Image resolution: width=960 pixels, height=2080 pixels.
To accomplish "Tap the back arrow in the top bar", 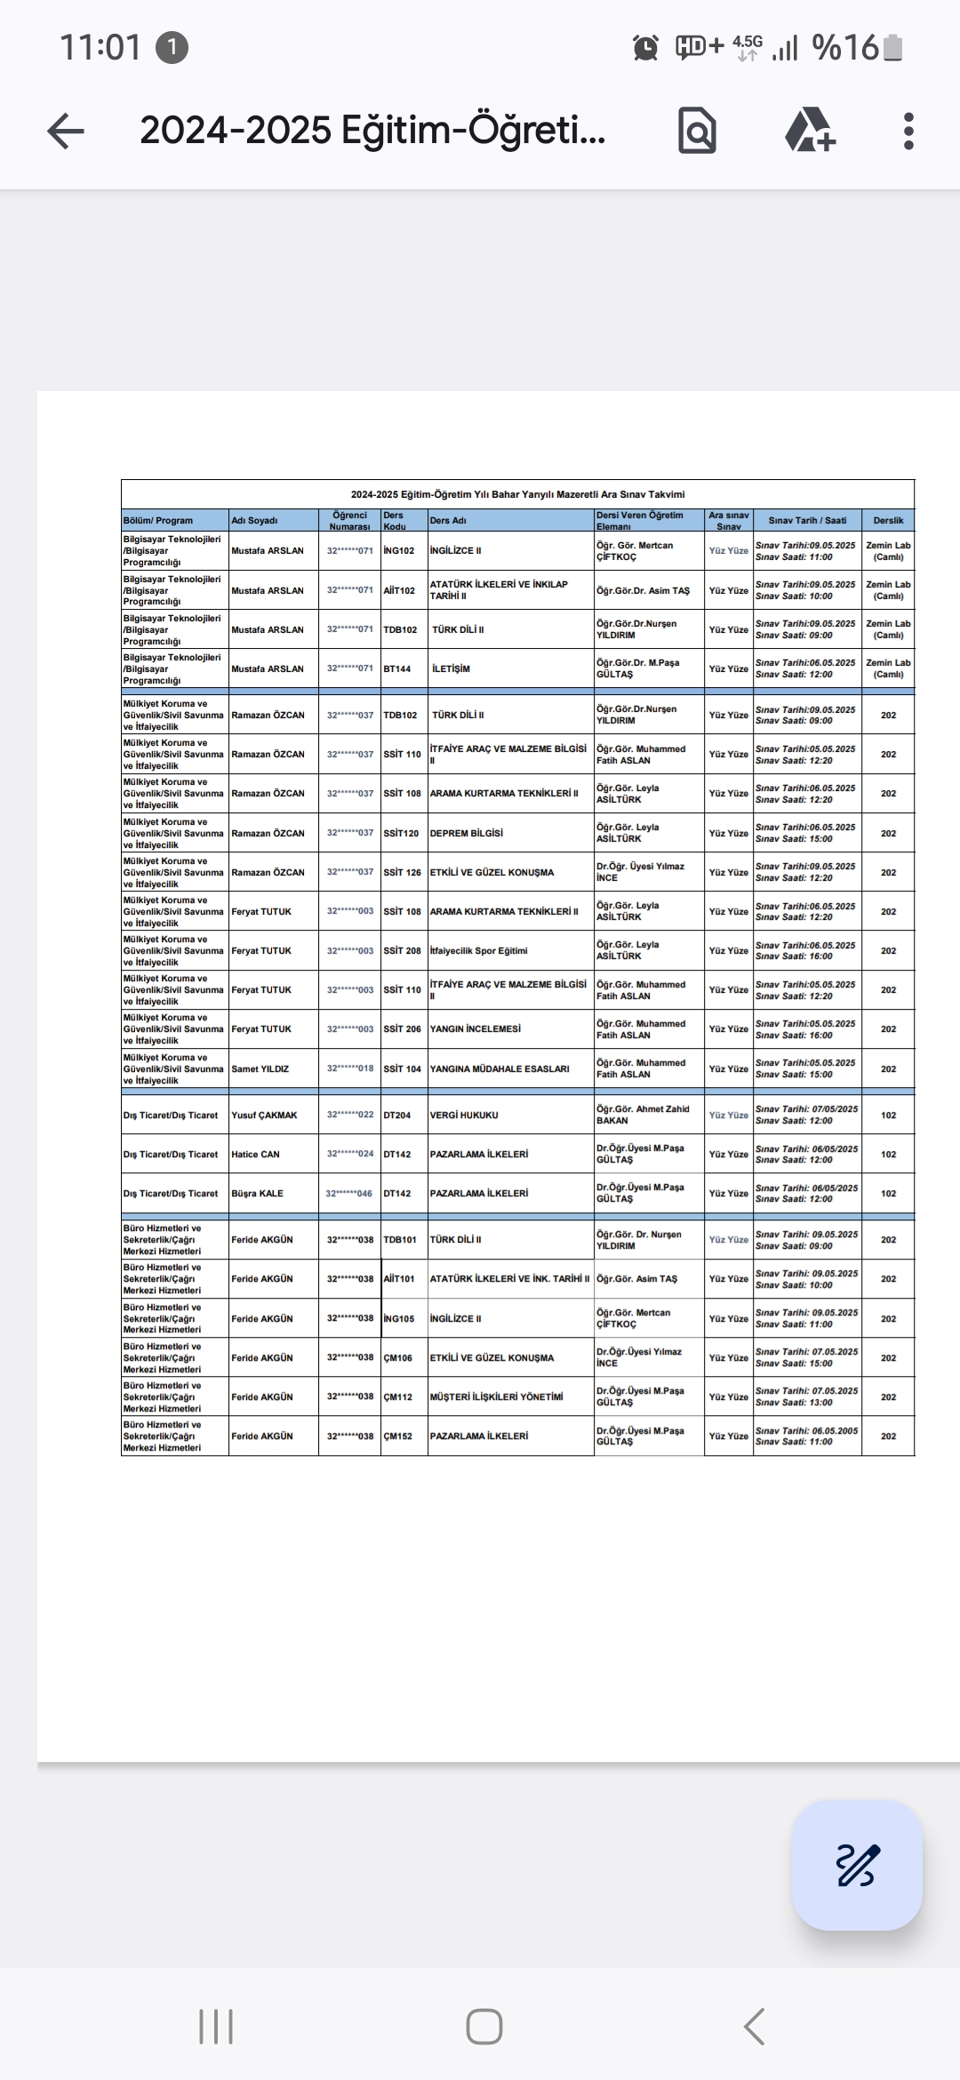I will click(66, 132).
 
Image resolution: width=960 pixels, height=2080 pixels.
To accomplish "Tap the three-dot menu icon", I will click(908, 132).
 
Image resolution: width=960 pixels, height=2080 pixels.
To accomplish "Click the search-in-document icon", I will click(697, 132).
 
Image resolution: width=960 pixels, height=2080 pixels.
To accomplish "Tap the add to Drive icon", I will click(809, 132).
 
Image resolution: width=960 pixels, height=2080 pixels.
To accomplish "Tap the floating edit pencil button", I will click(857, 1865).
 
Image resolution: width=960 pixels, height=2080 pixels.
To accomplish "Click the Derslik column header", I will click(888, 521).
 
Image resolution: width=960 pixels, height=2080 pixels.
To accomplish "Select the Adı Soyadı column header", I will click(255, 521).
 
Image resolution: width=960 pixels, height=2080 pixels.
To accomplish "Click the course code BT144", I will click(397, 669).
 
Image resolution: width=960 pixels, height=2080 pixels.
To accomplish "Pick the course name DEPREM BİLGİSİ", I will click(467, 834).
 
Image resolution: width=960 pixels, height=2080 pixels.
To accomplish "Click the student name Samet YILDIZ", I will click(260, 1069).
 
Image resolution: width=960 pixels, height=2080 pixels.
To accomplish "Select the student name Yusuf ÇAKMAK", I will click(265, 1116).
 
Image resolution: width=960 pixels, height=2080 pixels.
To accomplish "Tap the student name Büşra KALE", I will click(258, 1194).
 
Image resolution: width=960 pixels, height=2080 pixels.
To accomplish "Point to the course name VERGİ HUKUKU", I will click(464, 1116).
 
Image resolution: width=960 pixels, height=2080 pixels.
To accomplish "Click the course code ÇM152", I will click(398, 1436).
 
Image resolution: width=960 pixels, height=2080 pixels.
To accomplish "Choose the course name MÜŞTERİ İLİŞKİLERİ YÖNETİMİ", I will click(497, 1397).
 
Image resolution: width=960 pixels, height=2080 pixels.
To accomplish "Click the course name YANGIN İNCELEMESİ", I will click(476, 1029).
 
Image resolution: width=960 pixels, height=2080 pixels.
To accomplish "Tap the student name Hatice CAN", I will click(256, 1155).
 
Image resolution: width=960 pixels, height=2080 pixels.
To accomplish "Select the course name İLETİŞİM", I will click(452, 669).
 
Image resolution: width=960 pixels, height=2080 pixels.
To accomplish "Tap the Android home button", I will click(484, 2028).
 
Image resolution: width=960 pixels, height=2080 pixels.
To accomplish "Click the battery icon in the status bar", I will click(892, 48).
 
